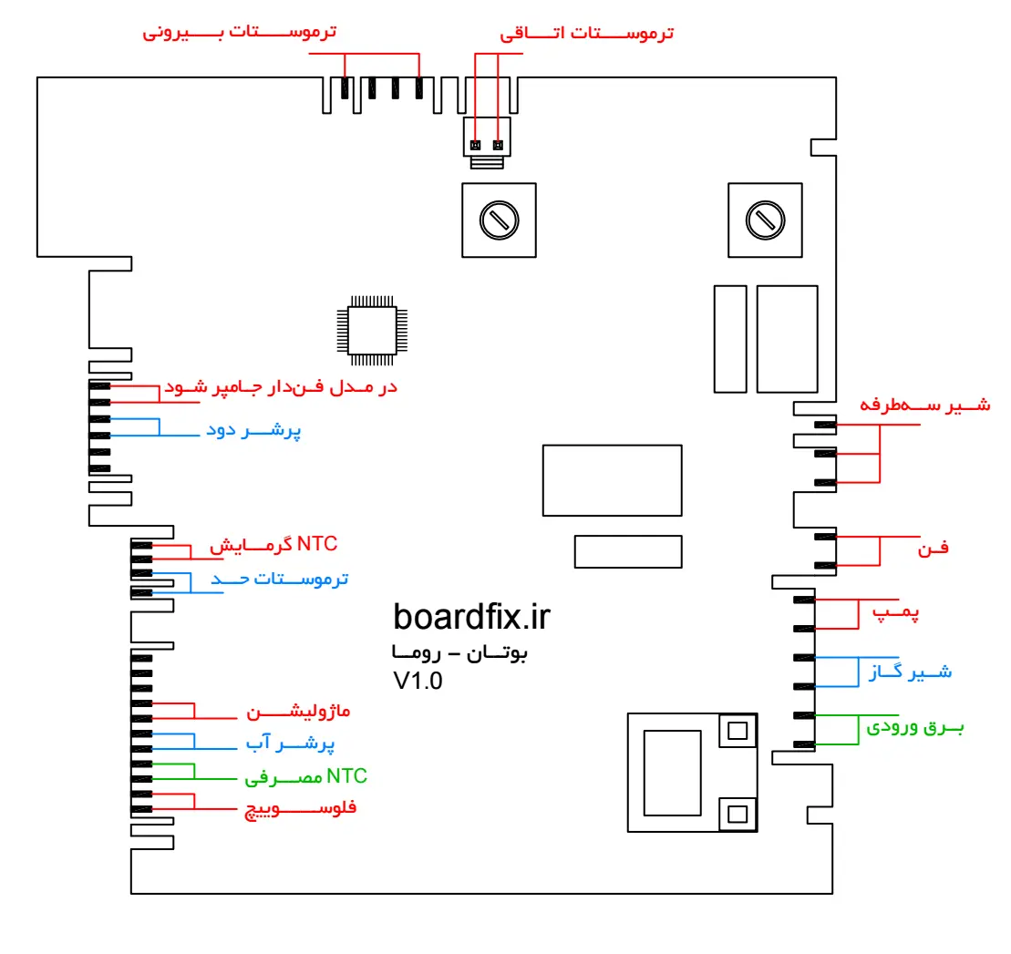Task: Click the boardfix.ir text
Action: pos(472,617)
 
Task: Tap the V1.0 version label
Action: pos(418,682)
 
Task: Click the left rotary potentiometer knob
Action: pos(499,220)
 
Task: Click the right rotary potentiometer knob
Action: pos(763,220)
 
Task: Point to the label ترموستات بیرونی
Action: pos(240,33)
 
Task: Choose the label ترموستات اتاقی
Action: pos(587,34)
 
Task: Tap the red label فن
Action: pos(938,548)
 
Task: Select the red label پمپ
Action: pos(903,613)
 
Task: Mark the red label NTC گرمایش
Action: pos(274,545)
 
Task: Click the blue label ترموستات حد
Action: pos(280,579)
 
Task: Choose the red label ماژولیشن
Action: pos(299,711)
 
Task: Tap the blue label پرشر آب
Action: pos(290,744)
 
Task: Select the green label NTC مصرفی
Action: pos(306,777)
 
